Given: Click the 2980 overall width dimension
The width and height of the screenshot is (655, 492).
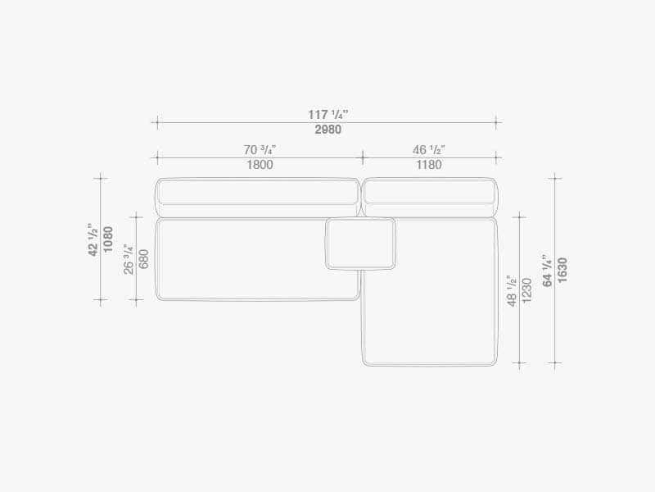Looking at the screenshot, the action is pyautogui.click(x=328, y=130).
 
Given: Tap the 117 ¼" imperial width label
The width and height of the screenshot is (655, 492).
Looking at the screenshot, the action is pyautogui.click(x=328, y=114).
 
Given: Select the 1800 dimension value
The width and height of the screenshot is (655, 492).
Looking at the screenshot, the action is pyautogui.click(x=260, y=165).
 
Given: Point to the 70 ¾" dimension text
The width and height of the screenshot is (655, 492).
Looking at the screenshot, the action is pyautogui.click(x=260, y=149).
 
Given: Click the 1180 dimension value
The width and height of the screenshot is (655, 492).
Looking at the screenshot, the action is pyautogui.click(x=429, y=165).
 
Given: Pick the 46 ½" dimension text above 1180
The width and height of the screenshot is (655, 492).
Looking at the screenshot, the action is pyautogui.click(x=429, y=149).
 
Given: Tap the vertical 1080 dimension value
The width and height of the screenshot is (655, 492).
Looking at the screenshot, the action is pyautogui.click(x=108, y=239).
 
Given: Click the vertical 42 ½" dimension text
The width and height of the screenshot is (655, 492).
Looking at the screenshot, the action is pyautogui.click(x=93, y=239).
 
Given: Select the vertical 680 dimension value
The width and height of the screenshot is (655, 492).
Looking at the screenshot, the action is pyautogui.click(x=144, y=259).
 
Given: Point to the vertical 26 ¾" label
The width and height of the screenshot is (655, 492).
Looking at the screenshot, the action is pyautogui.click(x=129, y=259).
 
